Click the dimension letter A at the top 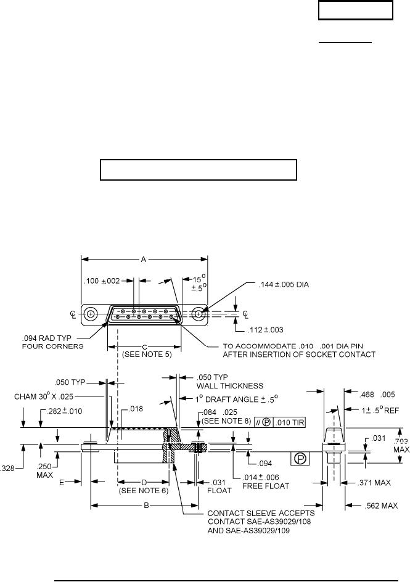(x=143, y=260)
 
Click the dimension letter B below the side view (x=146, y=506)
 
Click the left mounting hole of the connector (x=91, y=314)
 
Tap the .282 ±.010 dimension (x=59, y=411)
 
